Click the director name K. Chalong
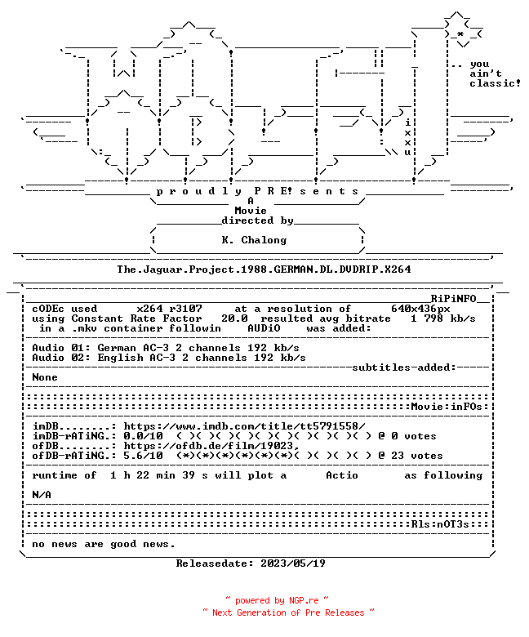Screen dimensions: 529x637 254,240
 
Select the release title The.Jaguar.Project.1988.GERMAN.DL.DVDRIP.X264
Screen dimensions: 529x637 264,269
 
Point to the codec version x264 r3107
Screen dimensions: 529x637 169,309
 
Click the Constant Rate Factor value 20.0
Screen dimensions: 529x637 234,318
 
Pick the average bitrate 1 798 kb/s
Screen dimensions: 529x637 443,318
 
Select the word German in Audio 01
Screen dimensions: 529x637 117,348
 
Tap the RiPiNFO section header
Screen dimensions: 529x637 453,299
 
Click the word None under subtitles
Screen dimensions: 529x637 45,377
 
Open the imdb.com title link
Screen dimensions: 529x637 244,426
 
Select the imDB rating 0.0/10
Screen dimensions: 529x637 143,436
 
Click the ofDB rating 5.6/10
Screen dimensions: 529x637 143,456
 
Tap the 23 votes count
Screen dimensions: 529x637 417,456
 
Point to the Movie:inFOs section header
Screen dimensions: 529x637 447,407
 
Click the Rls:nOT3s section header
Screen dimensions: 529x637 440,524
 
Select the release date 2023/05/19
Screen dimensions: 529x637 293,563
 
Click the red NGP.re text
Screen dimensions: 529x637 304,601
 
